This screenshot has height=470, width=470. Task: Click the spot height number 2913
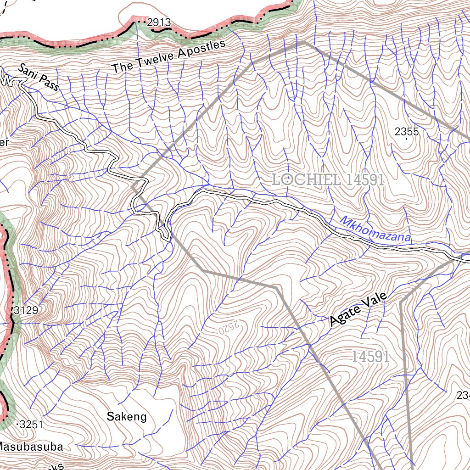click(159, 22)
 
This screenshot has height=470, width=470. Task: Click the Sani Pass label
click(39, 77)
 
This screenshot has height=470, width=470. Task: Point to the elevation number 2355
click(407, 132)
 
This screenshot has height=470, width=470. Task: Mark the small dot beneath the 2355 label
click(406, 140)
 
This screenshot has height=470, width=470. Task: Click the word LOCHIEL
click(307, 179)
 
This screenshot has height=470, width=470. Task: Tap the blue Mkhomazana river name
click(375, 229)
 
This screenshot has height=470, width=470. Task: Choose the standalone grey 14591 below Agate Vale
click(371, 356)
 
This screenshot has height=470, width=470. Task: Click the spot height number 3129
click(26, 310)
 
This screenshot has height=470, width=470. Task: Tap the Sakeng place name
click(127, 417)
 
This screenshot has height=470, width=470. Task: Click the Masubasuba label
click(30, 446)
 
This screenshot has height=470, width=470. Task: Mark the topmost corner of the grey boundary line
click(303, 42)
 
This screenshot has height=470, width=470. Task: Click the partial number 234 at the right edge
click(463, 395)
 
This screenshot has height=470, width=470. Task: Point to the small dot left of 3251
click(17, 425)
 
